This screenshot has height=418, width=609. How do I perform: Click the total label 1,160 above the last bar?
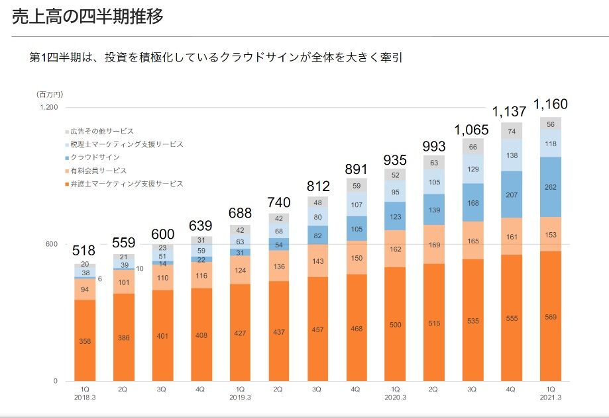coord(551,104)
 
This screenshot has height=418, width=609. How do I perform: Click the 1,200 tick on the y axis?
coord(50,107)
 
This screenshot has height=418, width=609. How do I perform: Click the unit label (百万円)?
coord(48,95)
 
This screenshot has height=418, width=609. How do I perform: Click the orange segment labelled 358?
coord(85,341)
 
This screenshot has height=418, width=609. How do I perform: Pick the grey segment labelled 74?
coord(512,132)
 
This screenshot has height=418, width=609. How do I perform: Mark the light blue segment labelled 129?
coord(473,169)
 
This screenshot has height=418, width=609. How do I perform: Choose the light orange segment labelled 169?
coord(434,245)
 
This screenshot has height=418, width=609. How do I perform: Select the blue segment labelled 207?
coord(512,194)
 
